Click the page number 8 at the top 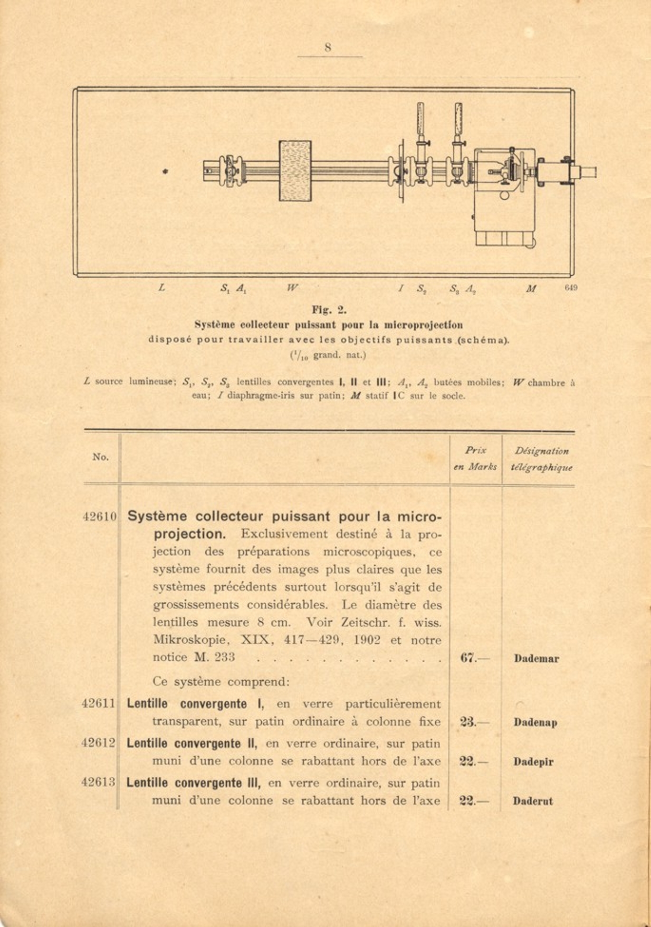coord(328,47)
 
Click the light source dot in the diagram coord(165,172)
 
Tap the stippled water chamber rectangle coord(295,171)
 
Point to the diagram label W coord(293,288)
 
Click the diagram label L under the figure coord(162,288)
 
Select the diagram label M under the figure coord(531,288)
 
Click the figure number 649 coord(571,288)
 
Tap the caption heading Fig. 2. coord(329,310)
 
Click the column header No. coord(100,457)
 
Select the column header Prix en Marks coord(475,458)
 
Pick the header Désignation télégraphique coord(541,459)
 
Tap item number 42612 coord(98,743)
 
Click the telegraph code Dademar coord(536,659)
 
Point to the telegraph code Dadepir coord(533,762)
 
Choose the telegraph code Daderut coord(533,801)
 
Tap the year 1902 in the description coord(367,640)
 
